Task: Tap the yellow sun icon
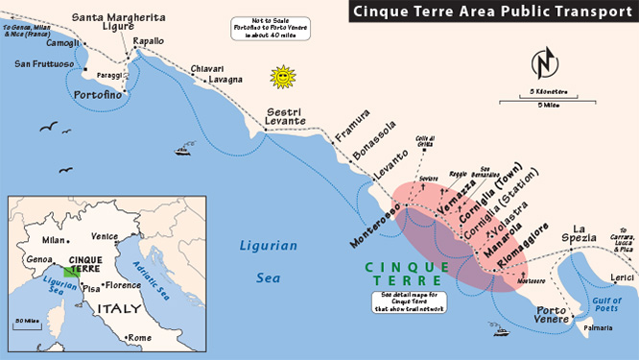coord(282,76)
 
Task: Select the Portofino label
coord(99,95)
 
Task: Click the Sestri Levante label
coord(285,116)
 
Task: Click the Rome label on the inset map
coord(139,338)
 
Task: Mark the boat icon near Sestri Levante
coord(182,150)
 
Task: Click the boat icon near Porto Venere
coord(500,332)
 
